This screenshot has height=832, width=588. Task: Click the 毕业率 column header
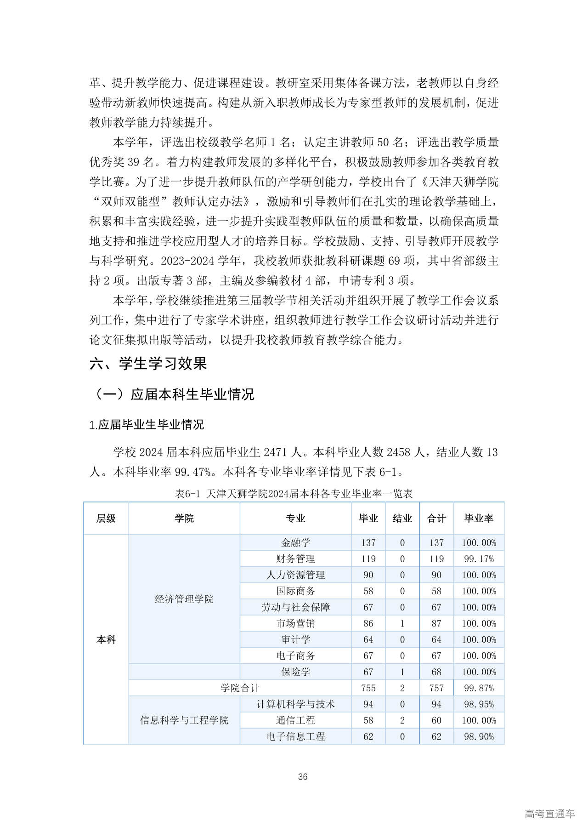point(479,519)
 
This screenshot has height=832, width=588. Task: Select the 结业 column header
point(402,519)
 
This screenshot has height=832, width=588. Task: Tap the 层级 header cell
point(106,519)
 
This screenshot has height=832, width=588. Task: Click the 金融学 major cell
point(295,543)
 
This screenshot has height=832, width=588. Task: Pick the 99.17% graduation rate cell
point(479,559)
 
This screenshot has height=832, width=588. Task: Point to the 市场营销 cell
point(295,623)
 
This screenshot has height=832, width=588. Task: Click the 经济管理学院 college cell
point(184,599)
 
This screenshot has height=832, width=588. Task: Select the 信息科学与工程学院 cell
point(184,720)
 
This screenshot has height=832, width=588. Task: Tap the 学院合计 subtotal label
point(240,688)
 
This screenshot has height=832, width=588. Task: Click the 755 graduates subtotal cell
point(368,688)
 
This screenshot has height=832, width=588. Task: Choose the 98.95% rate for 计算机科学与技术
point(479,704)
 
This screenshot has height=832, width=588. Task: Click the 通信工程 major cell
point(295,720)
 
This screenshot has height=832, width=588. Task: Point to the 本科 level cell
point(106,639)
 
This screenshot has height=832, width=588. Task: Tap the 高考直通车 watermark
point(549,814)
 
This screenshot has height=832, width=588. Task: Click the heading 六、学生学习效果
point(148,364)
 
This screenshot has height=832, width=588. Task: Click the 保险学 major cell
point(295,672)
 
